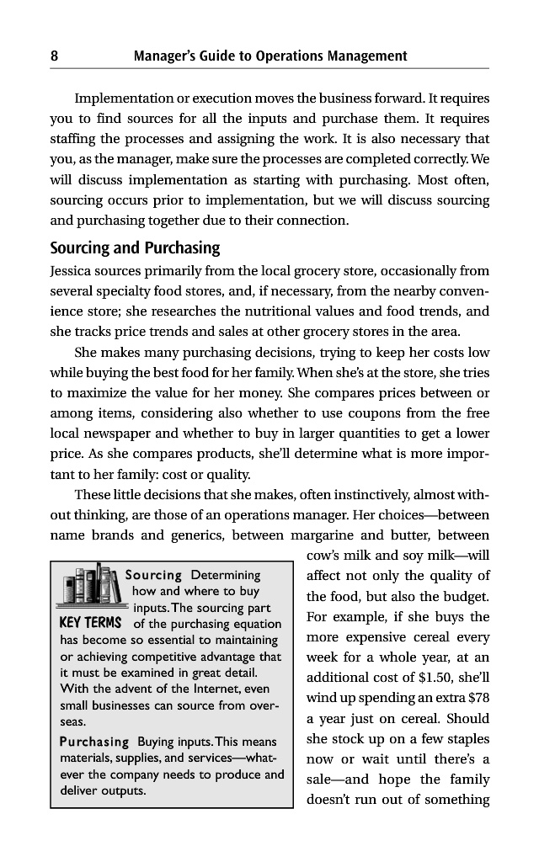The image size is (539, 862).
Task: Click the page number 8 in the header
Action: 54,56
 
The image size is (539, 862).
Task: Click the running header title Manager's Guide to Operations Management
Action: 270,56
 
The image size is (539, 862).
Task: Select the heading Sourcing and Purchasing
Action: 134,248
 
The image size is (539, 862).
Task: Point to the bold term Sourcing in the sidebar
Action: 154,576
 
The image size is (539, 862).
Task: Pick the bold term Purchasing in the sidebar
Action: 94,742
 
